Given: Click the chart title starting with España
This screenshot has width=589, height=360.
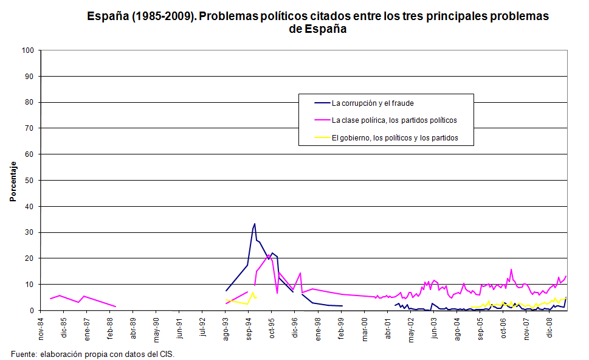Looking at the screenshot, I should (x=318, y=22).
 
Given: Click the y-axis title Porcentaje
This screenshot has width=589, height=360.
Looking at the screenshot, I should (x=12, y=181).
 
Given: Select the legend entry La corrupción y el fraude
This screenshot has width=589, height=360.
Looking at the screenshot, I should (x=373, y=103).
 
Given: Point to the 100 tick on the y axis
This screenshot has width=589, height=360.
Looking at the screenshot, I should (x=28, y=50).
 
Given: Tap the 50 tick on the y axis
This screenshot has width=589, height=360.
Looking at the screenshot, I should (x=30, y=181).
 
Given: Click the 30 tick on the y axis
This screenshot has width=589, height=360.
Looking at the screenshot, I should (x=30, y=233).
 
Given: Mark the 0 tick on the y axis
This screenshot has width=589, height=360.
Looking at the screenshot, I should (x=32, y=311).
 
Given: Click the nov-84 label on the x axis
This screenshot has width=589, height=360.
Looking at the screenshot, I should (x=41, y=327).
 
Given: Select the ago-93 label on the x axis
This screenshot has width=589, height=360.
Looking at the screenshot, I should (x=226, y=327).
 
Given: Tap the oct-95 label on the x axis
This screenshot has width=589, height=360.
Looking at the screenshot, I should (x=272, y=327).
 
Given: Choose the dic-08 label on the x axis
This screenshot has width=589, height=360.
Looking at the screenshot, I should (x=550, y=327).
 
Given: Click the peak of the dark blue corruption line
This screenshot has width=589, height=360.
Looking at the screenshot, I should (x=254, y=224).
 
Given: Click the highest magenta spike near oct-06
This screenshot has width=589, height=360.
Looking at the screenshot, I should (x=511, y=269).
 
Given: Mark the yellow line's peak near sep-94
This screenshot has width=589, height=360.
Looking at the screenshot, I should (x=253, y=292).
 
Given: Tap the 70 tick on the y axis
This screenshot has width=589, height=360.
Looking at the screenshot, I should (x=30, y=128).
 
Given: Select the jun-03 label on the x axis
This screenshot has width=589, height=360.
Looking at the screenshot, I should (x=435, y=327).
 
